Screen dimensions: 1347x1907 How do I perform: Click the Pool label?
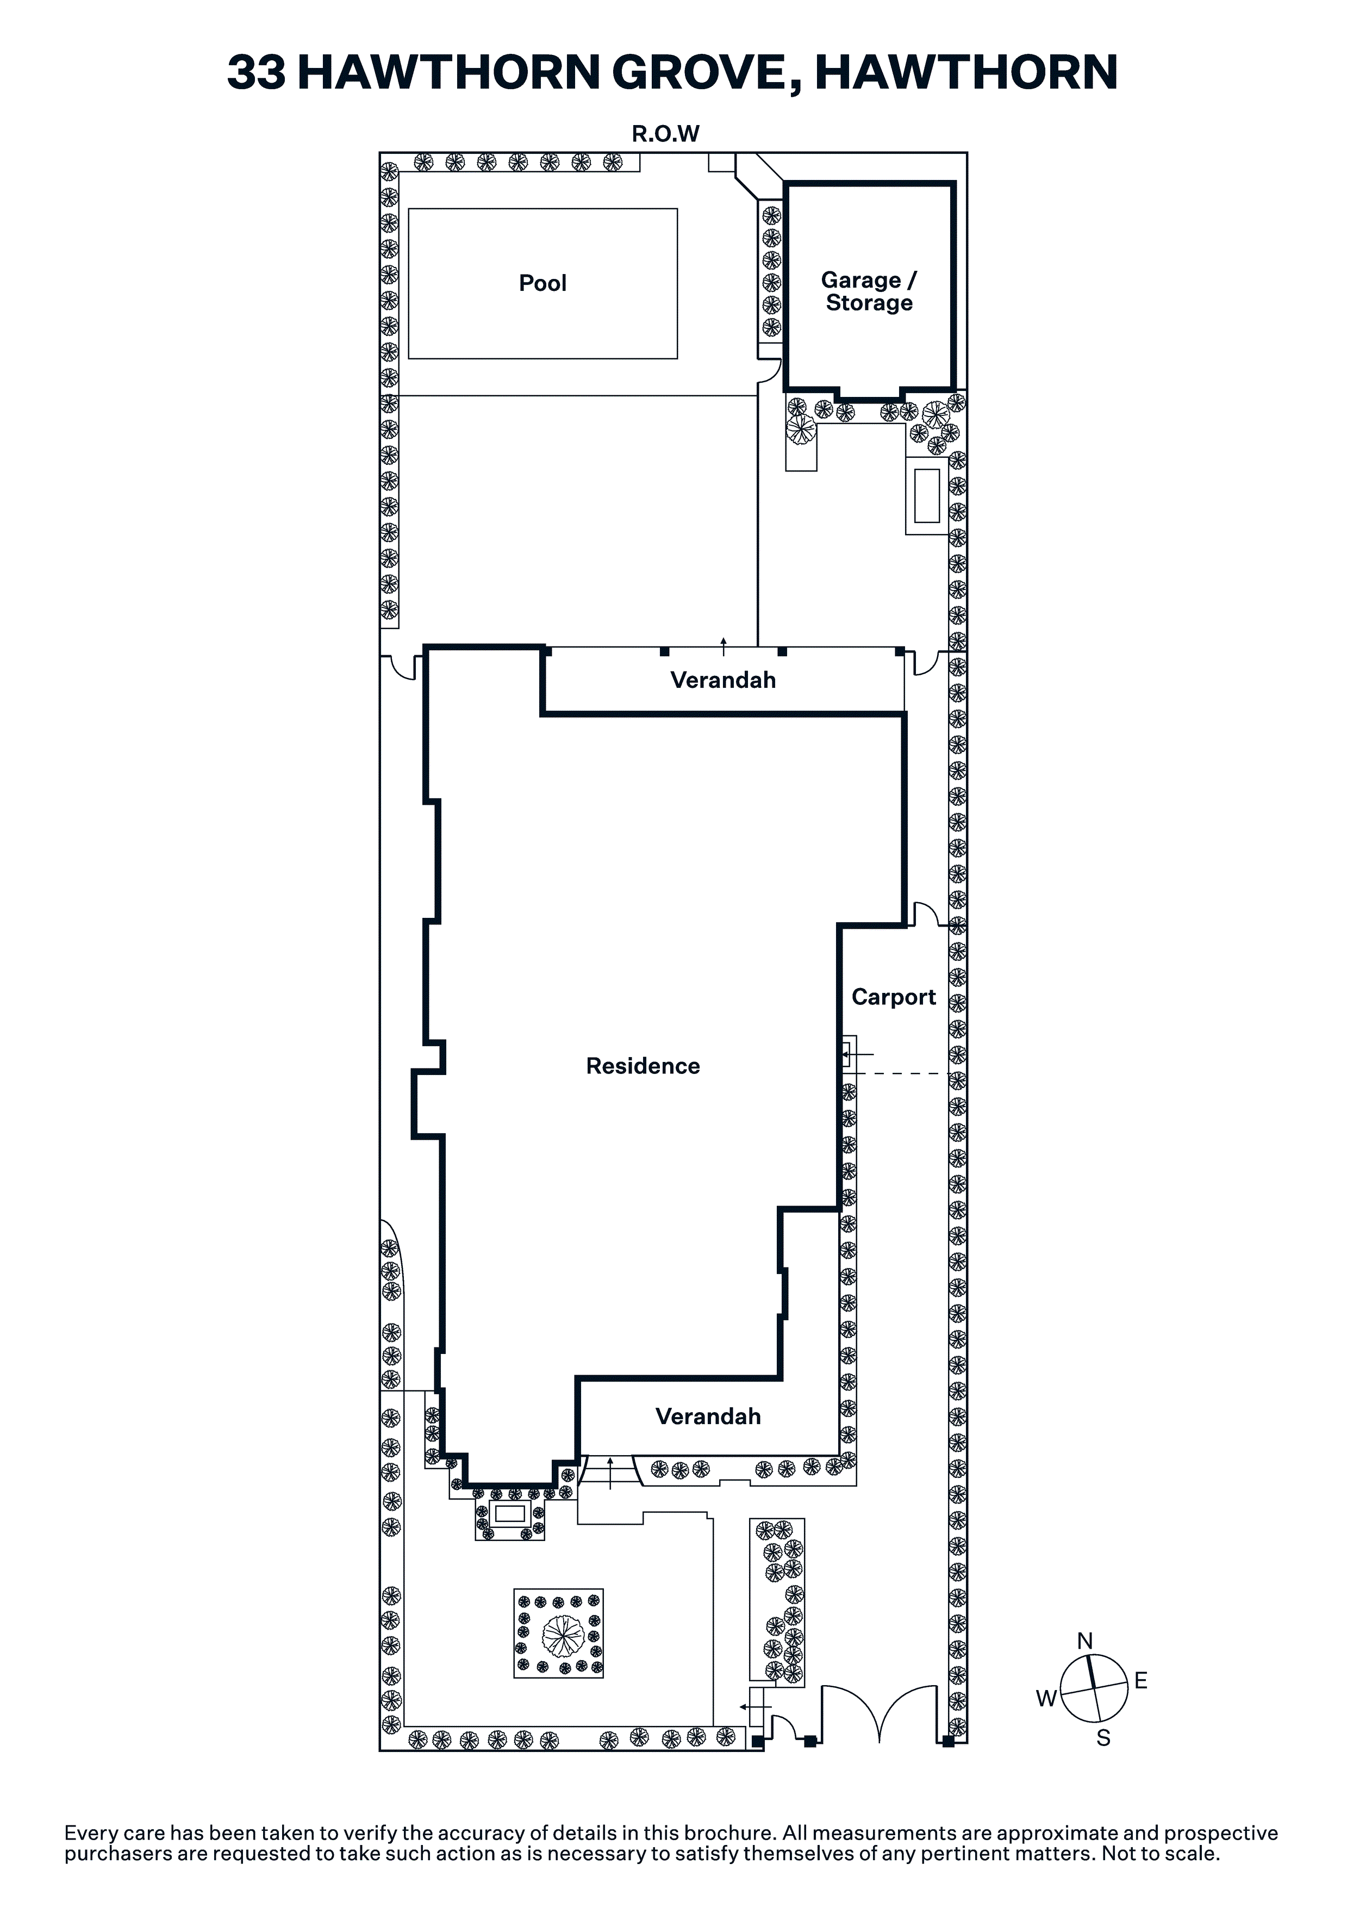[x=542, y=283]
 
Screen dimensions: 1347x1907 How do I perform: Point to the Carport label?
[x=894, y=997]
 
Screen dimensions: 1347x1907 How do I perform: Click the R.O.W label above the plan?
[x=666, y=134]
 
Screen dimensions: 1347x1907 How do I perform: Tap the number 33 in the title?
[x=257, y=72]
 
